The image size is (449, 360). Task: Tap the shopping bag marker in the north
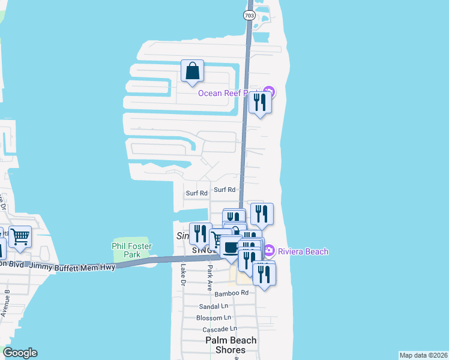(x=192, y=71)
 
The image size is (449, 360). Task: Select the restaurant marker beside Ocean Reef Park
(x=260, y=103)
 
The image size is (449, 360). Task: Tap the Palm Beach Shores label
(x=231, y=345)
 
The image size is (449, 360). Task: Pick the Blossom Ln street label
(x=214, y=317)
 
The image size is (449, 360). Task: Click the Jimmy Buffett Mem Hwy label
(x=73, y=265)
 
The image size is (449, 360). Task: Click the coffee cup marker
(x=230, y=246)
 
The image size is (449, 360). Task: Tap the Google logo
(x=20, y=353)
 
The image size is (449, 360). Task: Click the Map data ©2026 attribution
(x=423, y=355)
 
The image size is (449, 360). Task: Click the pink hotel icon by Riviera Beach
(x=269, y=250)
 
